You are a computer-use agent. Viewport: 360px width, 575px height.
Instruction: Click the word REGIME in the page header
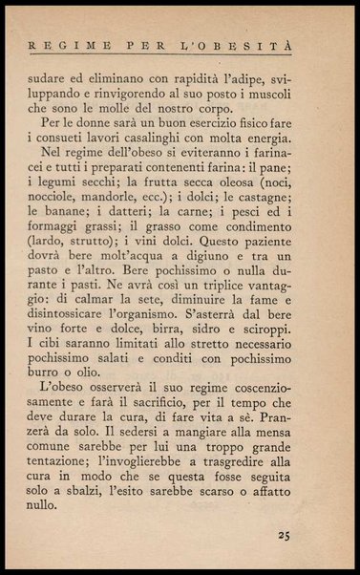coord(61,44)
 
